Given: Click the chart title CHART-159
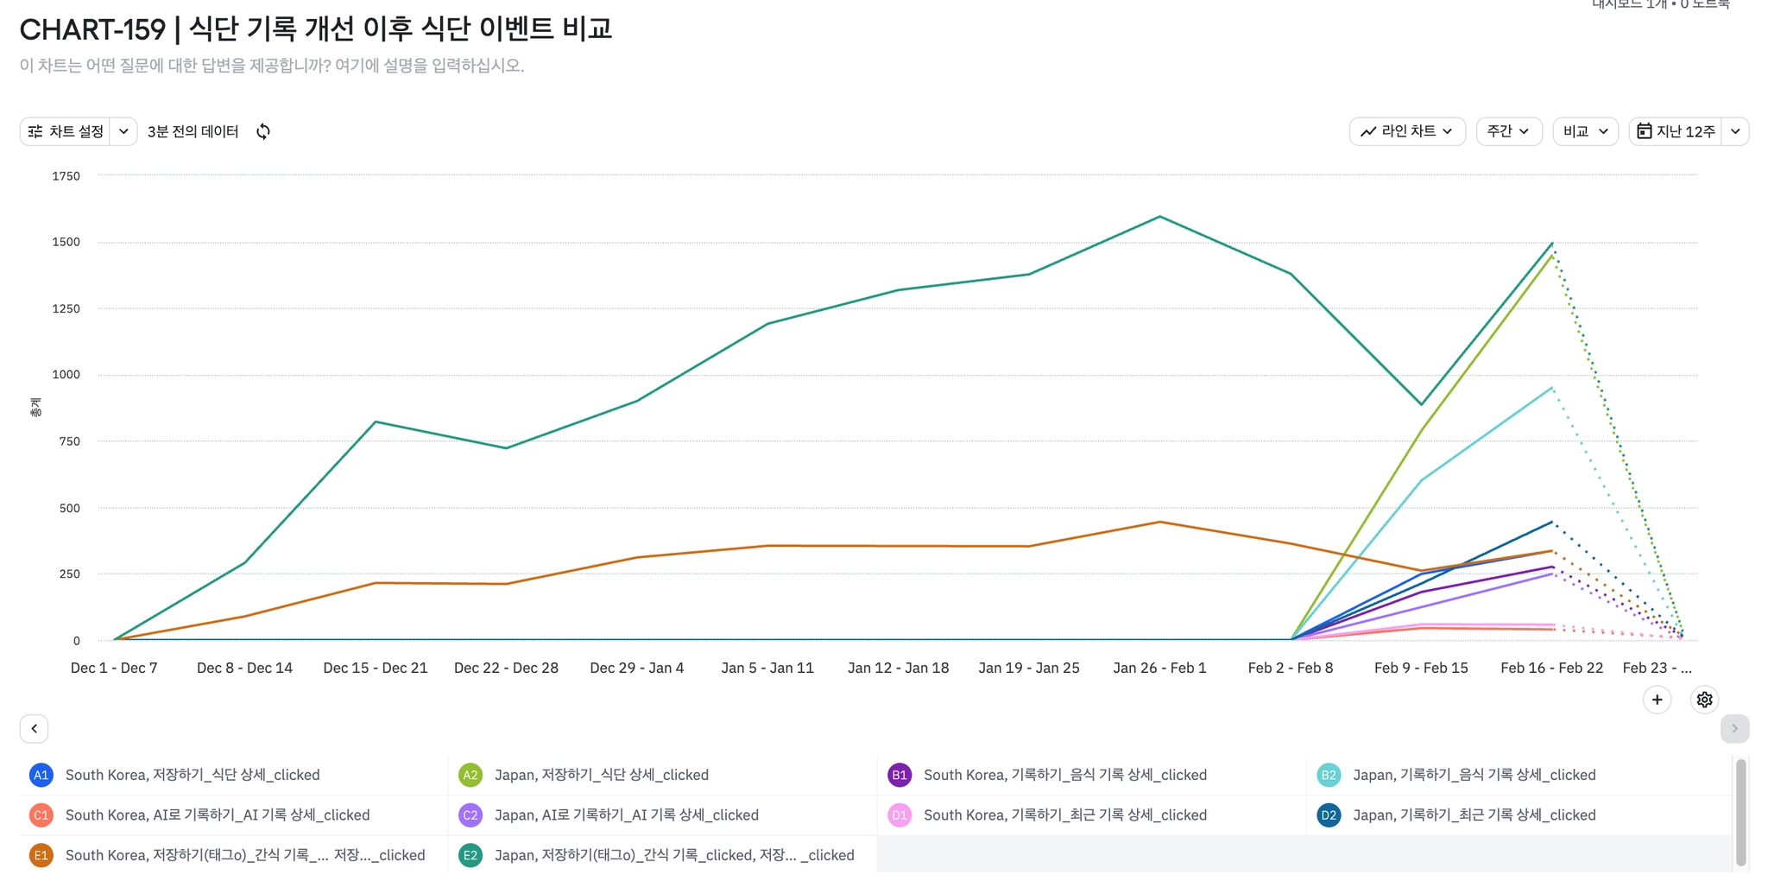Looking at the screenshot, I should coord(92,29).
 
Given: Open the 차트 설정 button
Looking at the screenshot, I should coord(66,131).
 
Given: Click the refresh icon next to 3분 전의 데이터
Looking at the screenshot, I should coord(263,131).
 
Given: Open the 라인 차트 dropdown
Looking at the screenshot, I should coord(1406,131).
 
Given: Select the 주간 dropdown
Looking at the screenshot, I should coord(1508,131).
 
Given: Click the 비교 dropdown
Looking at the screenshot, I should coord(1585,131).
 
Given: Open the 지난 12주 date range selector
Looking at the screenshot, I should coord(1676,131).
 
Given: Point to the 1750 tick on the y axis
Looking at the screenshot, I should coord(66,176).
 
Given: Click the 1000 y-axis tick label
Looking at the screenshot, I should coord(66,375).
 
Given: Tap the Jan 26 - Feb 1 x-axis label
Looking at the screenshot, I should coord(1159,668).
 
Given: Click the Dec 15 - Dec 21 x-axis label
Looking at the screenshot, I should coord(376,668).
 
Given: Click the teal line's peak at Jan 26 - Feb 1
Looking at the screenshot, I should coord(1159,217).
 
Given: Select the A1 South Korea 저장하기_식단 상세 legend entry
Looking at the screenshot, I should coord(192,775).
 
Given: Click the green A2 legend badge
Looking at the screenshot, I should coord(470,775).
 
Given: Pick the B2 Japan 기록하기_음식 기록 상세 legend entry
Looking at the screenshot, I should coord(1474,775).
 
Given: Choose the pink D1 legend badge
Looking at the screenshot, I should coord(900,814).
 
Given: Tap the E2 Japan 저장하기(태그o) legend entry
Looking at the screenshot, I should coord(673,855).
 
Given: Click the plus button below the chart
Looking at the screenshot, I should coord(1657,700).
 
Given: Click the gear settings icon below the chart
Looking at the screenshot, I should coord(1704,700).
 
